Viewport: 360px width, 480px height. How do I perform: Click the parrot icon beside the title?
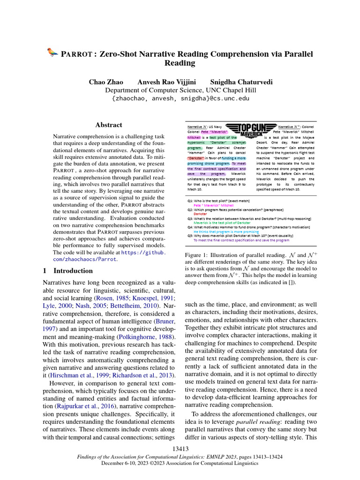click(52, 53)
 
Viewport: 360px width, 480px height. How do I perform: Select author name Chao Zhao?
click(106, 82)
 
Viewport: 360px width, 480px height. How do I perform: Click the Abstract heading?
click(109, 125)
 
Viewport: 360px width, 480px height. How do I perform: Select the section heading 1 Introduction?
click(68, 271)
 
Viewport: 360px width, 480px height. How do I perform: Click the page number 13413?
click(180, 450)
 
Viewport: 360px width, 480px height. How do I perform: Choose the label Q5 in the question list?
click(190, 235)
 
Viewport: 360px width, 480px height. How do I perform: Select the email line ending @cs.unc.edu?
click(180, 99)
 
